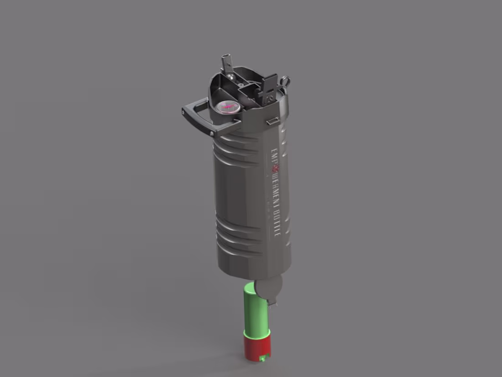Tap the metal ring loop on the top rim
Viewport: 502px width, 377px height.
(x=285, y=80)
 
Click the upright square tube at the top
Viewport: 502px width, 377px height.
(x=226, y=64)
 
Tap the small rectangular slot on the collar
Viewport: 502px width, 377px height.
(x=272, y=121)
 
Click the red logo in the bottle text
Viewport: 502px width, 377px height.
(x=274, y=169)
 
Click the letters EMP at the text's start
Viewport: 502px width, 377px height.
(x=273, y=153)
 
